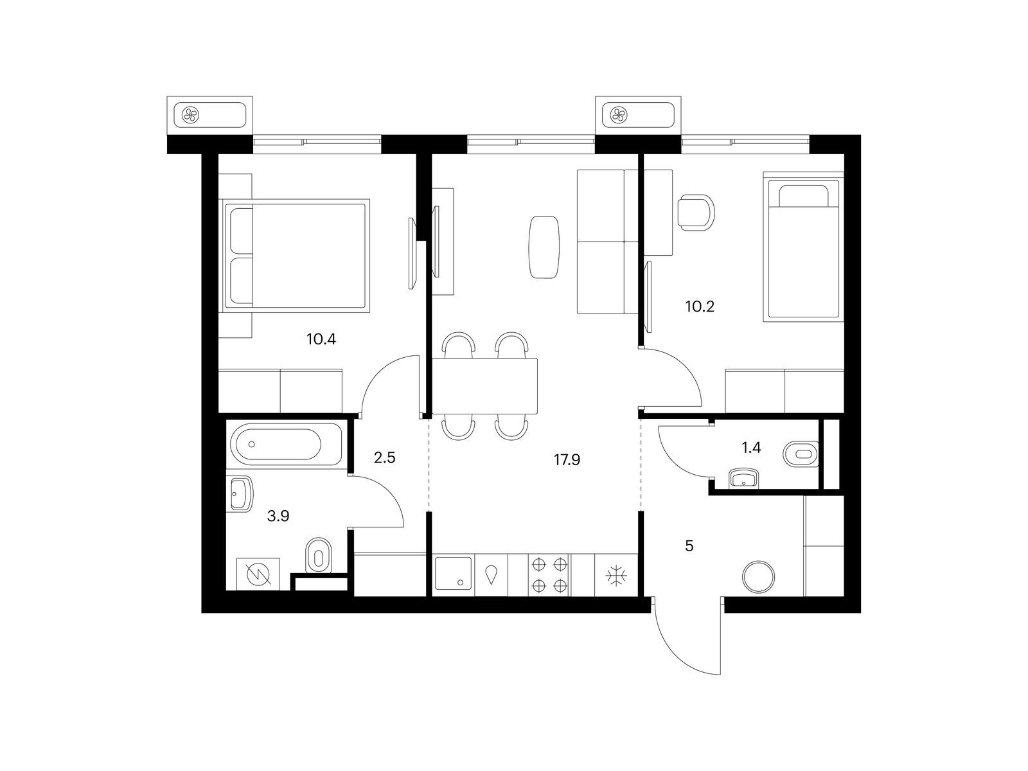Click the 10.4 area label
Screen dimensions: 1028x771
[x=321, y=339]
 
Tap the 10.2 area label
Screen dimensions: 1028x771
[x=699, y=306]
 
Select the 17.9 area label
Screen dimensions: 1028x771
[x=567, y=460]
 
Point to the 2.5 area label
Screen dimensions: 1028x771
[x=384, y=458]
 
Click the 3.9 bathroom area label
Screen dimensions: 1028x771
[x=278, y=517]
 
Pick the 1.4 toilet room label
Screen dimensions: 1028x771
[x=751, y=448]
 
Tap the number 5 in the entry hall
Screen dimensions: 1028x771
[x=689, y=546]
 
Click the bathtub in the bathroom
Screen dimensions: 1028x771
[x=286, y=444]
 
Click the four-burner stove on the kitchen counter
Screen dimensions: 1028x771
[x=549, y=575]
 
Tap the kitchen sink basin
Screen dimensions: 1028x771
[x=454, y=573]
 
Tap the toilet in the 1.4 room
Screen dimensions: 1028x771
[x=801, y=454]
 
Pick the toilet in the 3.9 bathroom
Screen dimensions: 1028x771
[x=319, y=554]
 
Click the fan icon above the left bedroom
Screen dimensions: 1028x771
[x=191, y=115]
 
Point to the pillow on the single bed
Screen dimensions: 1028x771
[x=802, y=196]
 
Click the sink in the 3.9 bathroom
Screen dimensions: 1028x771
[x=241, y=493]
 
